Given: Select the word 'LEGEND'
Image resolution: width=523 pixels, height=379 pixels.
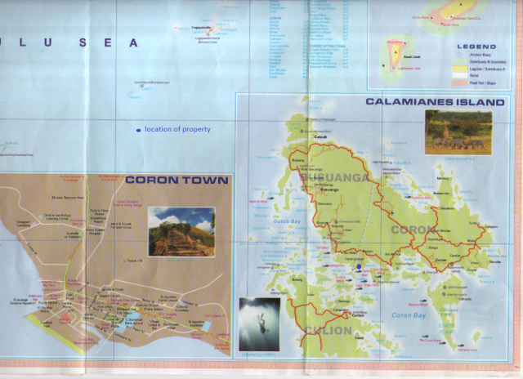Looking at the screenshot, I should click(476, 47).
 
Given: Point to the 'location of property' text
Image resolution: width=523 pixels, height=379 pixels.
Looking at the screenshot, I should click(177, 129).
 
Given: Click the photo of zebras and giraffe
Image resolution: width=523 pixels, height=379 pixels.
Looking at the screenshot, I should click(458, 132).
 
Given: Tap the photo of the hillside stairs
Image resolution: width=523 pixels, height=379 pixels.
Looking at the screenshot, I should click(181, 231).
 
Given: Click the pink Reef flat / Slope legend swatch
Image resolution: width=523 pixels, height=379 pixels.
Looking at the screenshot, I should click(458, 82).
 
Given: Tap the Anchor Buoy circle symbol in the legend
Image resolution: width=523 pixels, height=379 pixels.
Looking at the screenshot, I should click(458, 55).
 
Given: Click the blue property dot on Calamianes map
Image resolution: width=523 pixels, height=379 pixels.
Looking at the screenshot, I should click(359, 265).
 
